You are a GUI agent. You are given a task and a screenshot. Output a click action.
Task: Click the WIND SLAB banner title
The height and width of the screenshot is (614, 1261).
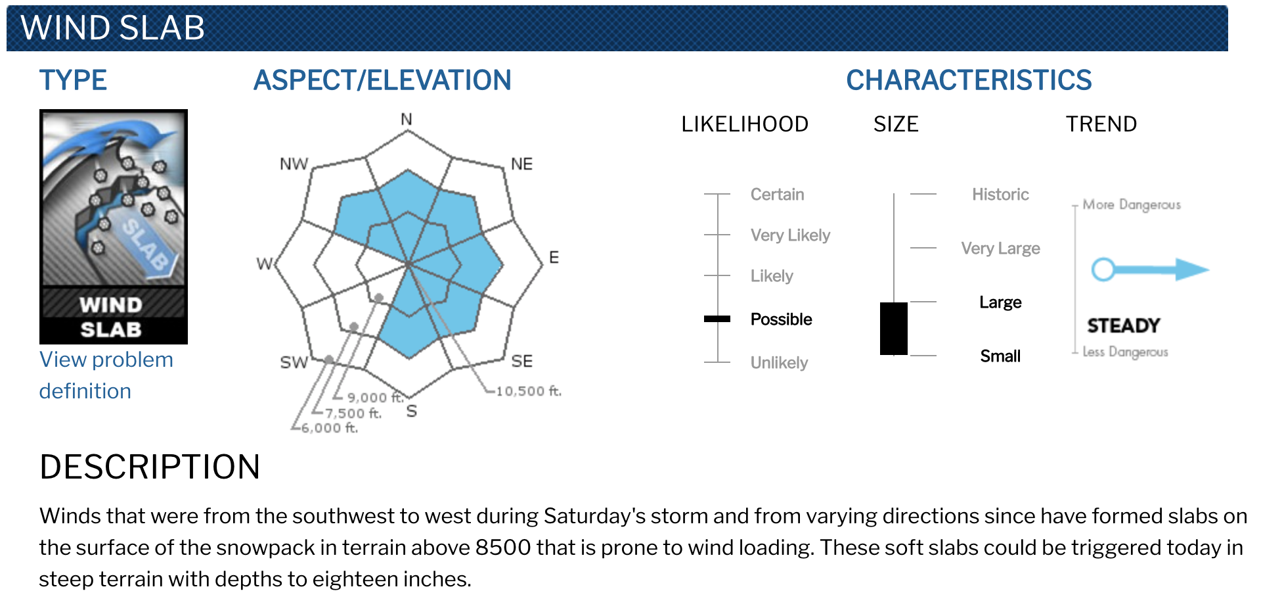pos(113,28)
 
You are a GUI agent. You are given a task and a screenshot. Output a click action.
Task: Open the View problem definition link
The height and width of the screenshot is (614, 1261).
pos(106,375)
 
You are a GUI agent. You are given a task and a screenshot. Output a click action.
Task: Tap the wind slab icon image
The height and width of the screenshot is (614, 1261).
pos(114,227)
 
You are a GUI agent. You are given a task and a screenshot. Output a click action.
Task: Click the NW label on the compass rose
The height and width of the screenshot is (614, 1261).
pos(294,164)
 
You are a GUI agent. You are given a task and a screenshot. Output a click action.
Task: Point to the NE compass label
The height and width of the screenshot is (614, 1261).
pos(521,164)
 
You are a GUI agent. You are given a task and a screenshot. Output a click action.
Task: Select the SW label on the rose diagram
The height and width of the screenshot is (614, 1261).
pos(294,362)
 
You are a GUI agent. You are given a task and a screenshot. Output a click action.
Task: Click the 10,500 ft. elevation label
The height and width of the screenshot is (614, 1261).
pos(529,391)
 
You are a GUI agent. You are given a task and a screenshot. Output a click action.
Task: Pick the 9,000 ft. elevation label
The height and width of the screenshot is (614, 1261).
pos(374,397)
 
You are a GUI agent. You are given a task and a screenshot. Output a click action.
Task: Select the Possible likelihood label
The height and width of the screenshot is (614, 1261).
pos(781,319)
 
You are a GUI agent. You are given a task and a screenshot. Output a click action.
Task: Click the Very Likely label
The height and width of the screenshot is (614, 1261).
pos(790,235)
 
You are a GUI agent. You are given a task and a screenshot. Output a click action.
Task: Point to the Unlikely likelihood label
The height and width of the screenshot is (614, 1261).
pos(779,363)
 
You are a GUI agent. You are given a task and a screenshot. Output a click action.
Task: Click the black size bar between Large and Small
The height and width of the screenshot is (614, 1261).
pos(894,329)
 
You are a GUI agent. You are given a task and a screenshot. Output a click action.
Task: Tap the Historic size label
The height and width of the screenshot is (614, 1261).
pos(1000,195)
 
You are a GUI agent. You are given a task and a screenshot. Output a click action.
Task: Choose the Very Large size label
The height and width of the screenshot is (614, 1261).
pos(1000,248)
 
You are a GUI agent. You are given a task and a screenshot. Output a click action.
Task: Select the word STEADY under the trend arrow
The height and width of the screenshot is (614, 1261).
pos(1123,325)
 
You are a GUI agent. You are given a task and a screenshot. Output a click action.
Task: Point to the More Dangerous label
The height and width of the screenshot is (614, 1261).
pos(1132,204)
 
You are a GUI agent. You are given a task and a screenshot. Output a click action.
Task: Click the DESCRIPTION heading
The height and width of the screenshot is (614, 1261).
pos(150,467)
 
